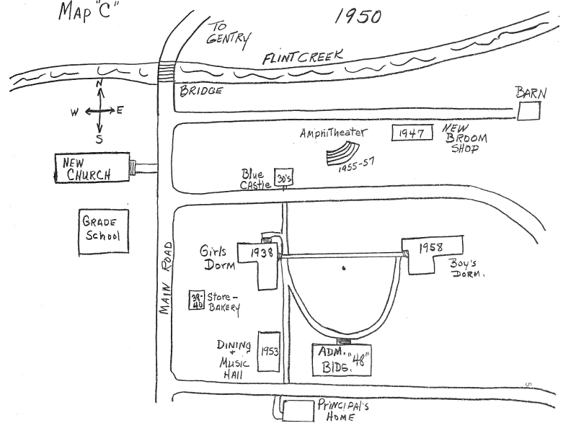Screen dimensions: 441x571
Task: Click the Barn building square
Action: point(530,111)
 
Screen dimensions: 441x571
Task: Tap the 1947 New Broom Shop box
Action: point(412,133)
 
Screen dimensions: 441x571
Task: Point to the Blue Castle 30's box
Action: point(283,178)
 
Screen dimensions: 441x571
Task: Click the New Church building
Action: point(92,168)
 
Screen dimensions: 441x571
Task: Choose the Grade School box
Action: point(102,232)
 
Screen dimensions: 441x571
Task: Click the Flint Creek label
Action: point(303,58)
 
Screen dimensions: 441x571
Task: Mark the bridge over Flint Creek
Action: point(167,71)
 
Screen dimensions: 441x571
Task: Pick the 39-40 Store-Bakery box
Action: point(195,298)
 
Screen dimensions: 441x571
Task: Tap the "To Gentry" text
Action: point(228,32)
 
